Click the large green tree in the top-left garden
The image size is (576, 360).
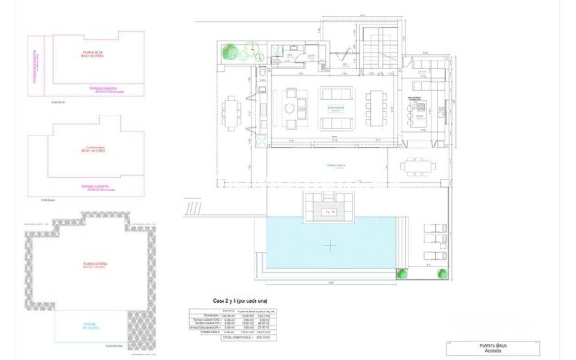236,53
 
